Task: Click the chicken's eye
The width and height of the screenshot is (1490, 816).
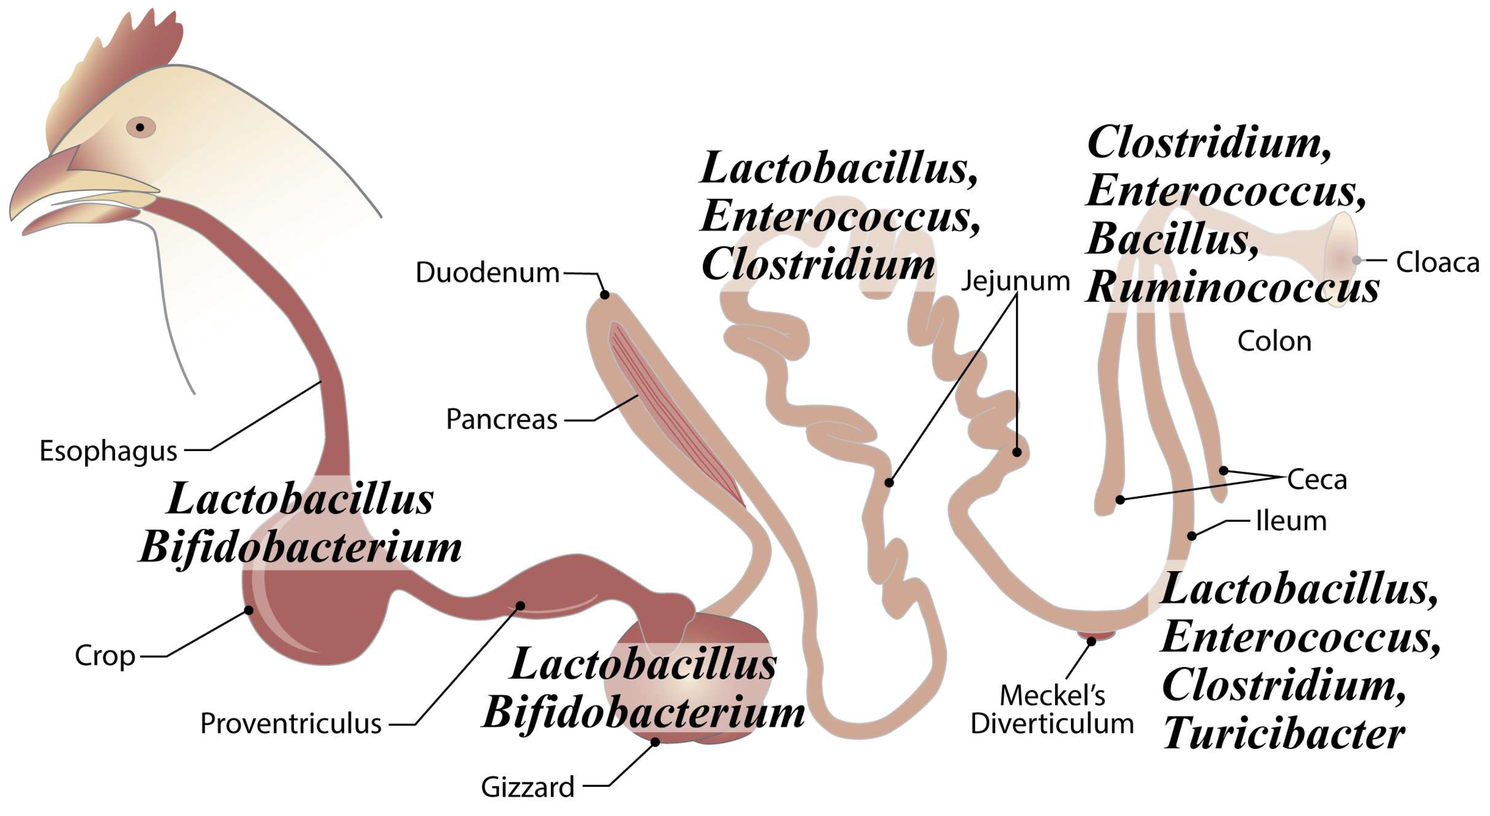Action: (x=140, y=127)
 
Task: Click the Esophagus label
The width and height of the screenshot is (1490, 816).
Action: (x=108, y=451)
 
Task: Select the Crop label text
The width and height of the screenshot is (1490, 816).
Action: (x=105, y=656)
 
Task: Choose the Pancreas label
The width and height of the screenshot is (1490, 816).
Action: (x=502, y=419)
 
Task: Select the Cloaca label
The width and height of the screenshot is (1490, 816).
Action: (x=1437, y=262)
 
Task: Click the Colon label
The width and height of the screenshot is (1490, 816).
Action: (x=1274, y=341)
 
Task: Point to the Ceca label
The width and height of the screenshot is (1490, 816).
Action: (x=1317, y=480)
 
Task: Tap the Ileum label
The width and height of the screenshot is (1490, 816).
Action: (x=1291, y=521)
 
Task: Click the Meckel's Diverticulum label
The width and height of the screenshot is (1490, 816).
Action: (x=1052, y=709)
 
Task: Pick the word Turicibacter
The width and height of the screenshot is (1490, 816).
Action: (x=1283, y=734)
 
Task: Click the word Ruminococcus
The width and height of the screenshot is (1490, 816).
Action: (x=1232, y=288)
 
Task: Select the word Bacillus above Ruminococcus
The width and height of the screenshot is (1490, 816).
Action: (x=1172, y=239)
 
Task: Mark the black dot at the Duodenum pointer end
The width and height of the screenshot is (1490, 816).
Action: (x=604, y=295)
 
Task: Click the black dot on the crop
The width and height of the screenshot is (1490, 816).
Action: (x=249, y=610)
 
